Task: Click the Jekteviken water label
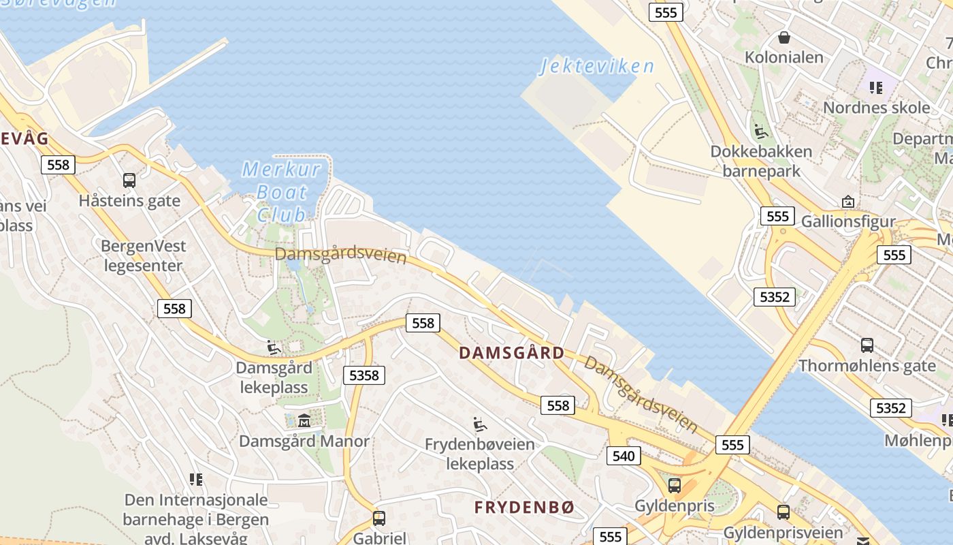597,66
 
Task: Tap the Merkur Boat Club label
281,191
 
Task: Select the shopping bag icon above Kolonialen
784,37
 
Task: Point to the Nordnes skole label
876,108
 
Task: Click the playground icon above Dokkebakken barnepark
761,131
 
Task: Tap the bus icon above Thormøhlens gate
867,345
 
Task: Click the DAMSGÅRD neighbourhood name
511,353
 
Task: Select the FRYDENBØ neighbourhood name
524,508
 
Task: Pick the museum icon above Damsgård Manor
304,420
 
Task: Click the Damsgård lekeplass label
274,377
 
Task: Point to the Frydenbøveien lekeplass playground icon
480,424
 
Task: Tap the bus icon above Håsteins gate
129,180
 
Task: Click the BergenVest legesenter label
143,255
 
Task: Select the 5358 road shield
364,375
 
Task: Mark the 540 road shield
623,456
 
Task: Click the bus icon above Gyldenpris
674,485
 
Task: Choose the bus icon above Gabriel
379,518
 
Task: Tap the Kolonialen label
784,57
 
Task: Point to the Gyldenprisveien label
783,532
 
